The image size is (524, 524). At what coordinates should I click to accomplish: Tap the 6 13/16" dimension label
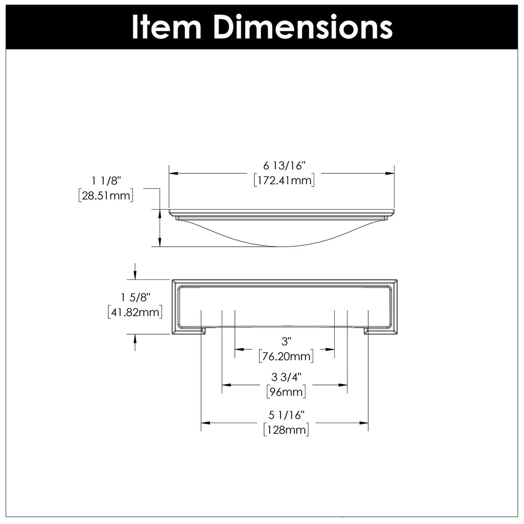click(x=284, y=166)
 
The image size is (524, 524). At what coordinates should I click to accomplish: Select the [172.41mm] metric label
click(x=284, y=180)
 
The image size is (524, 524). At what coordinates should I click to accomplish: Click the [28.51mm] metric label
click(x=106, y=195)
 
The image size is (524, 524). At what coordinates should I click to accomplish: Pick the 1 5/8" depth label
click(x=135, y=297)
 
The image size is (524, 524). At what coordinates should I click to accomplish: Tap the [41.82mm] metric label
click(x=135, y=312)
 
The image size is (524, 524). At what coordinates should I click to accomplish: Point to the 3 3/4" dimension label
click(x=287, y=378)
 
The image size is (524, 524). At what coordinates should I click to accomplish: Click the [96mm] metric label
click(x=287, y=392)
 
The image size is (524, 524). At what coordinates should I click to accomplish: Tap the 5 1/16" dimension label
click(x=286, y=415)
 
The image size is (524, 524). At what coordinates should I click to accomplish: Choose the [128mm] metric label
click(x=286, y=430)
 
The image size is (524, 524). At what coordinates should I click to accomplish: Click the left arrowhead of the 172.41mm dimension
click(x=173, y=173)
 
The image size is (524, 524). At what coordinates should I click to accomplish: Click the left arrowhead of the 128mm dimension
click(x=205, y=423)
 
